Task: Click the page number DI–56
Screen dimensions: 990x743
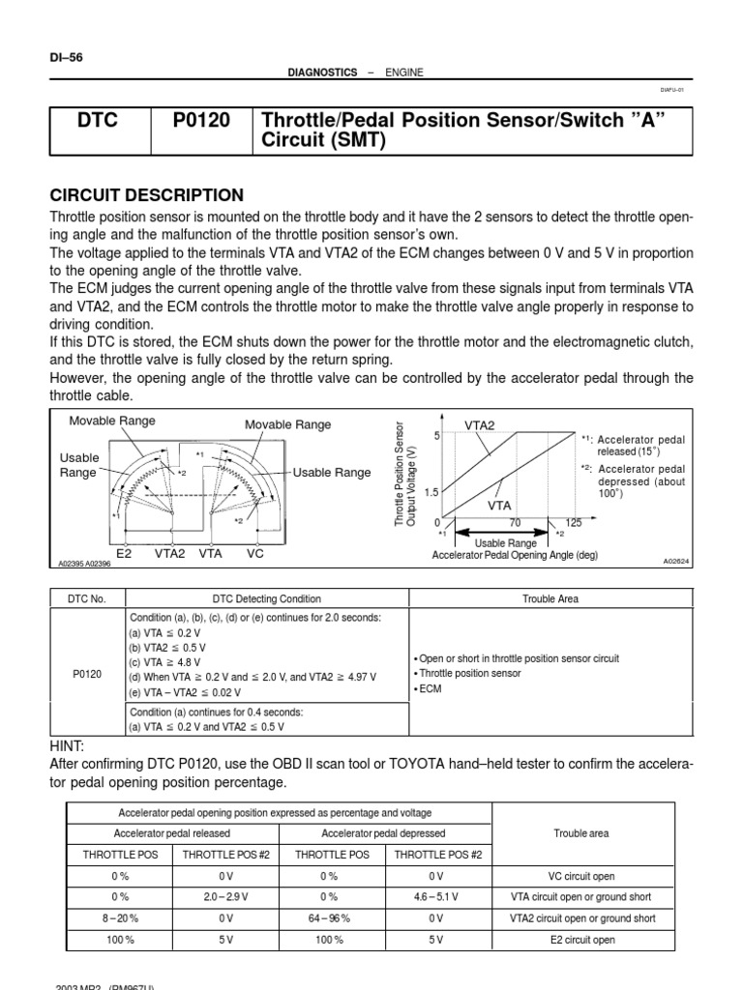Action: (x=66, y=57)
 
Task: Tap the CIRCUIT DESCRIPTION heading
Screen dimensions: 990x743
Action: (x=146, y=195)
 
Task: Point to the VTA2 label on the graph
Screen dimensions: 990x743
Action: (x=479, y=424)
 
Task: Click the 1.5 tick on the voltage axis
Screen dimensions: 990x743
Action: (x=431, y=492)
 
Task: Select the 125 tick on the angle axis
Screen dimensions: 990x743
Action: (x=575, y=522)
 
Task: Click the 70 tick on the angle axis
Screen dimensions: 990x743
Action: (x=514, y=522)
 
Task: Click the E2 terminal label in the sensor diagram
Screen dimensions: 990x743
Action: (x=124, y=554)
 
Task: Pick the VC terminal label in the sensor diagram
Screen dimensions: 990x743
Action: (x=255, y=554)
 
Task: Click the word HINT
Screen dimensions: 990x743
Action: (x=67, y=745)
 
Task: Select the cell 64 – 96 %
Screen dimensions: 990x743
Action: (x=329, y=918)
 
